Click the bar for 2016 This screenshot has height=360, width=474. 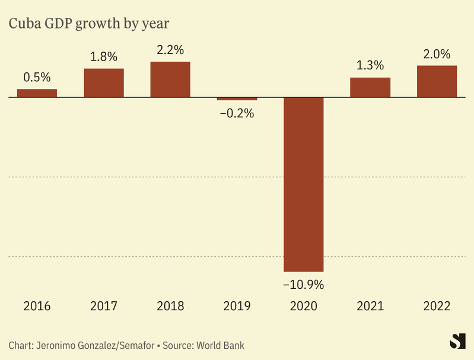click(37, 93)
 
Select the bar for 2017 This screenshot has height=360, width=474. click(104, 82)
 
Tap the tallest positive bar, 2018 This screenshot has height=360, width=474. click(170, 79)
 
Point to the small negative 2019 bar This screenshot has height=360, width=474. click(237, 98)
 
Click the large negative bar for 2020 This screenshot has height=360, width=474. click(304, 184)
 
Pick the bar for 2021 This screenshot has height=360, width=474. click(370, 87)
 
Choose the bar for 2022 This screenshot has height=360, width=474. click(437, 81)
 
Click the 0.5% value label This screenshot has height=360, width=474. click(37, 77)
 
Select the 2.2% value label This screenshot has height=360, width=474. click(170, 50)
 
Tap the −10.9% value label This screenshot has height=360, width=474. click(304, 285)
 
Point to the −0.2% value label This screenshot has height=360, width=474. click(237, 113)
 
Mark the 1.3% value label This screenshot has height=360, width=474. click(370, 66)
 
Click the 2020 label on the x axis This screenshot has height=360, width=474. click(304, 307)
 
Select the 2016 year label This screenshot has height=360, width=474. click(37, 307)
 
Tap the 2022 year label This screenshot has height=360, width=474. click(437, 307)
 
